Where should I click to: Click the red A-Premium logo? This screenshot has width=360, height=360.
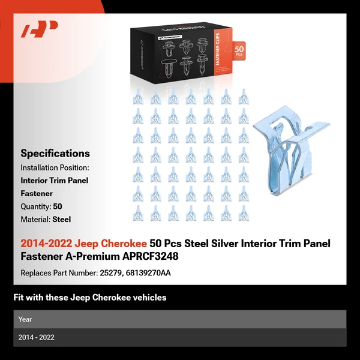pyautogui.click(x=39, y=30)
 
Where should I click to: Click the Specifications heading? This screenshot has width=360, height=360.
pyautogui.click(x=55, y=154)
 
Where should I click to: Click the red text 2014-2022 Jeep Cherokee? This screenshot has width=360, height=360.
pyautogui.click(x=83, y=244)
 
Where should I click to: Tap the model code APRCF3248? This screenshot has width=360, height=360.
pyautogui.click(x=146, y=256)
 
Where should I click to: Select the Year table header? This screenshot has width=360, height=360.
pyautogui.click(x=26, y=319)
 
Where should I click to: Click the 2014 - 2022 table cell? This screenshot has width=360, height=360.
pyautogui.click(x=37, y=337)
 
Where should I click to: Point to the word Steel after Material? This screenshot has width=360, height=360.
pyautogui.click(x=62, y=220)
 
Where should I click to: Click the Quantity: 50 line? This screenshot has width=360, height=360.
pyautogui.click(x=41, y=206)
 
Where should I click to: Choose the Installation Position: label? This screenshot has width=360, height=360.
pyautogui.click(x=55, y=167)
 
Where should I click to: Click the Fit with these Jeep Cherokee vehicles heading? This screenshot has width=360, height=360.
pyautogui.click(x=90, y=298)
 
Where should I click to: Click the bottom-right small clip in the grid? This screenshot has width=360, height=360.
pyautogui.click(x=244, y=213)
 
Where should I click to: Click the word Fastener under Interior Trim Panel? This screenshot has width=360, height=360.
pyautogui.click(x=37, y=194)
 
